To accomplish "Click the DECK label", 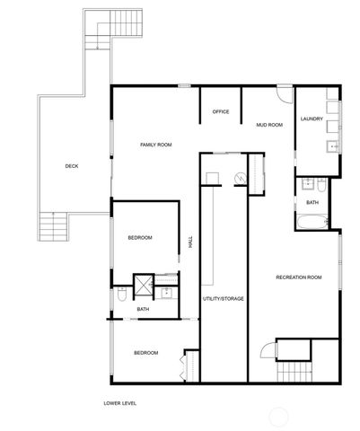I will coord(71,166).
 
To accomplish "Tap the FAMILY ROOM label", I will coord(155,145).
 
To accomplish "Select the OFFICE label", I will coord(221,111).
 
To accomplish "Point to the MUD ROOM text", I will coord(269,125).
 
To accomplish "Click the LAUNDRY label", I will coord(312,119).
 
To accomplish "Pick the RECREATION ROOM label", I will coord(298,277).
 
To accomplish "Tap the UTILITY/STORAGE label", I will coord(224,298).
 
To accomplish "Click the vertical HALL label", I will coord(190,242).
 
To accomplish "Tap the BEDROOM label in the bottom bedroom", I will coord(146,353).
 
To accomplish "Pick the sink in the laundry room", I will coord(333,145).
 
